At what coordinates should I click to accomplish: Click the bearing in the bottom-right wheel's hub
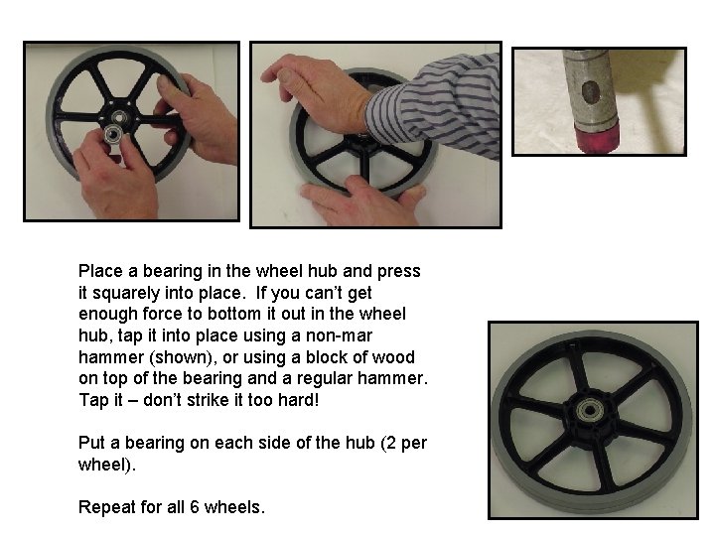pyautogui.click(x=593, y=408)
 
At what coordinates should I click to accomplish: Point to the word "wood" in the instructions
pyautogui.click(x=394, y=357)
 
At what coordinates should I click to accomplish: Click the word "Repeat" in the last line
pyautogui.click(x=103, y=507)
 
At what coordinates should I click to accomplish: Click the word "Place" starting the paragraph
pyautogui.click(x=99, y=271)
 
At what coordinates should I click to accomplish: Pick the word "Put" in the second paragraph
pyautogui.click(x=91, y=443)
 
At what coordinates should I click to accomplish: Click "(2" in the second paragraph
pyautogui.click(x=384, y=443)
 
